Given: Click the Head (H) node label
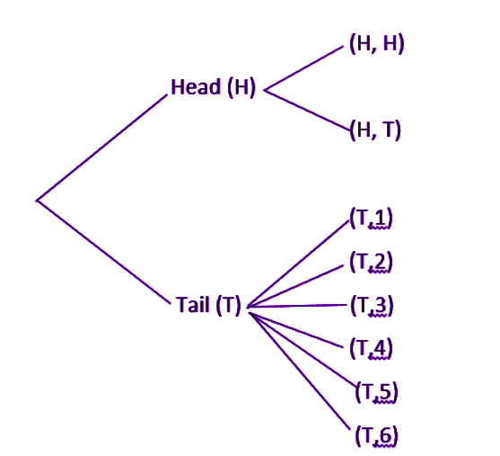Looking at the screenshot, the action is pyautogui.click(x=214, y=87).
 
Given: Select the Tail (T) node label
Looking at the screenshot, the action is pyautogui.click(x=208, y=305).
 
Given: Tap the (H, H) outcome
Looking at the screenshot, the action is pyautogui.click(x=377, y=43).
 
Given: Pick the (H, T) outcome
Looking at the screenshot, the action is pyautogui.click(x=375, y=130).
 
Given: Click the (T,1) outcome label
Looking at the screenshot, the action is pyautogui.click(x=371, y=219).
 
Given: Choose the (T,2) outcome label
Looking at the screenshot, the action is pyautogui.click(x=371, y=262).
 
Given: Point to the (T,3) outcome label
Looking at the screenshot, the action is pyautogui.click(x=372, y=306).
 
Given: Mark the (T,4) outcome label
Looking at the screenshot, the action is pyautogui.click(x=371, y=349).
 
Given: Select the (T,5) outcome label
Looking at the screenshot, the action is pyautogui.click(x=377, y=392).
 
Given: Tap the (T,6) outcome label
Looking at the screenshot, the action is pyautogui.click(x=377, y=435).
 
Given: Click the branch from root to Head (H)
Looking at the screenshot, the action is pyautogui.click(x=101, y=148).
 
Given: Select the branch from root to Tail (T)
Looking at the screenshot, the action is pyautogui.click(x=103, y=252).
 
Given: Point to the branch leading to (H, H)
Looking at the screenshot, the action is pyautogui.click(x=304, y=68).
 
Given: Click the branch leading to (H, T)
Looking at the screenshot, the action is pyautogui.click(x=307, y=111).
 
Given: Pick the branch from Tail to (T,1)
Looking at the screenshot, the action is pyautogui.click(x=298, y=263).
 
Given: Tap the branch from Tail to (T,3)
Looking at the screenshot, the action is pyautogui.click(x=297, y=306).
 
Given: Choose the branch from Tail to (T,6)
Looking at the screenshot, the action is pyautogui.click(x=300, y=371).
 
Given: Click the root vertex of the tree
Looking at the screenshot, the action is pyautogui.click(x=37, y=201).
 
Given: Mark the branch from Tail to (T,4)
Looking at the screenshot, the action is pyautogui.click(x=296, y=330).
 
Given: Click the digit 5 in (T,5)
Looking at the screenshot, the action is pyautogui.click(x=384, y=391).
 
